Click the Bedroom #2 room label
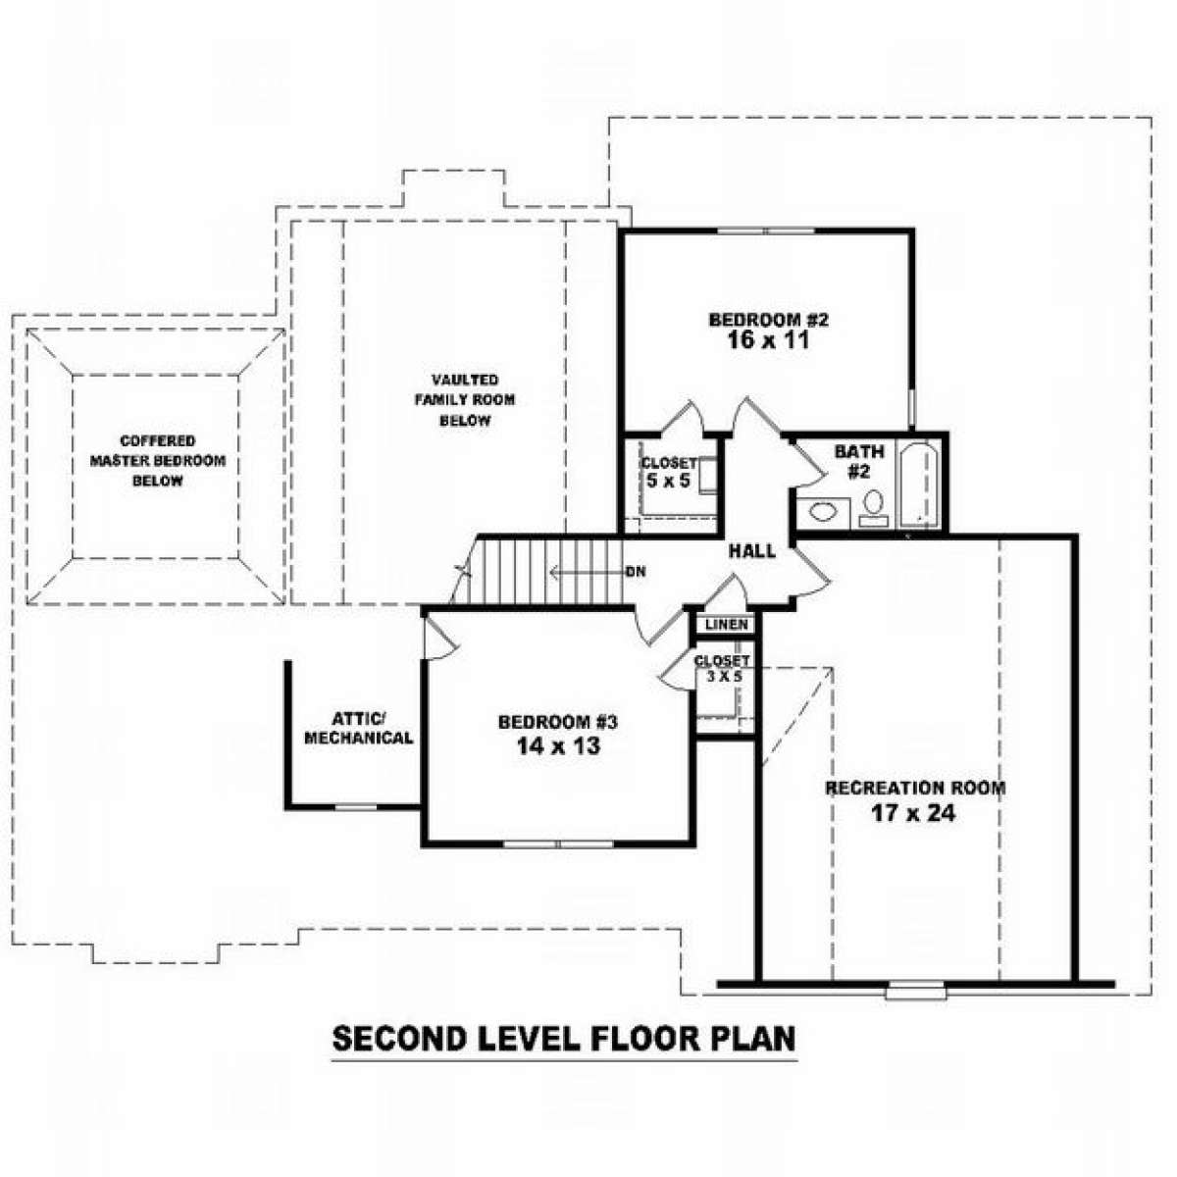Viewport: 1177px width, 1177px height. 768,320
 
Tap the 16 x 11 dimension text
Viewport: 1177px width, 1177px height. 768,340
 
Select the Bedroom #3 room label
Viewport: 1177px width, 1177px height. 558,722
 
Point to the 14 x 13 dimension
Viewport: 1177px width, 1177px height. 558,745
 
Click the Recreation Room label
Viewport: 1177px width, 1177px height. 914,788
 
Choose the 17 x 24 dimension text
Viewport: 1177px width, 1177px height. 913,813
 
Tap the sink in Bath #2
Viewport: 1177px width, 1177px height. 822,511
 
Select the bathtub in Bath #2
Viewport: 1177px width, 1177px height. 919,485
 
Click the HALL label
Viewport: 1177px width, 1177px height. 752,551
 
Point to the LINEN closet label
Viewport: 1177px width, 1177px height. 726,624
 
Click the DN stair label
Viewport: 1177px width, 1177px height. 636,572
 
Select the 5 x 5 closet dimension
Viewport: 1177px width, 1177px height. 668,481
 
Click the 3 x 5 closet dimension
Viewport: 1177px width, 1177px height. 724,676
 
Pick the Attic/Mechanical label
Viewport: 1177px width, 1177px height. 359,728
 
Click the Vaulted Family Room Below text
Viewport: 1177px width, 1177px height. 466,400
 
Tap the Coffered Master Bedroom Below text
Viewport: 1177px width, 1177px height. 158,461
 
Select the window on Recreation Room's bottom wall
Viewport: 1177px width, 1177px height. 916,990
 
